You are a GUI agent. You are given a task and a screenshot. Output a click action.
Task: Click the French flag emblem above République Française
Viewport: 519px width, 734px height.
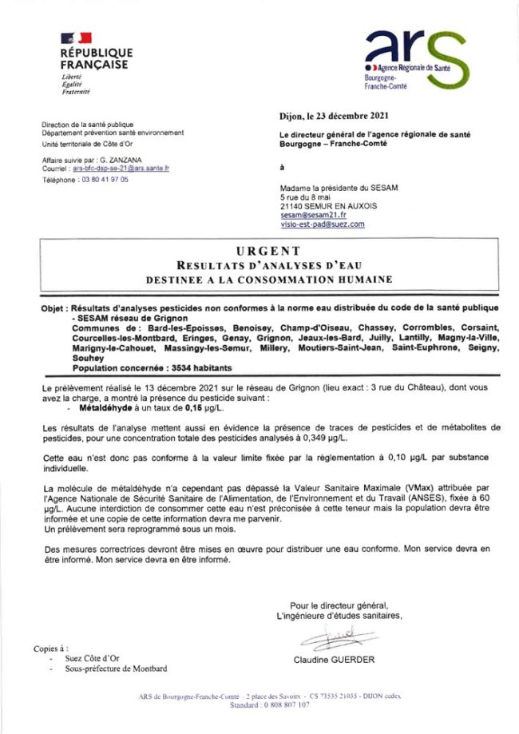[75, 38]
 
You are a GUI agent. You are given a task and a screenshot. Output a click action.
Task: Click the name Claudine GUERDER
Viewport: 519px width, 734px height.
[334, 660]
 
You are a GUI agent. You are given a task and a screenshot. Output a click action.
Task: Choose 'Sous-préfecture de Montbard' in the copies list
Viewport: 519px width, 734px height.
[116, 668]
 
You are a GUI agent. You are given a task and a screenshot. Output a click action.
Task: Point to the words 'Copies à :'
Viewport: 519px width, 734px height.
[50, 648]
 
